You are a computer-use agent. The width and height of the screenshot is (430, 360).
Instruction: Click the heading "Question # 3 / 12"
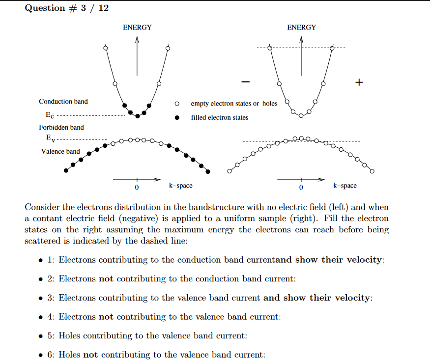67,8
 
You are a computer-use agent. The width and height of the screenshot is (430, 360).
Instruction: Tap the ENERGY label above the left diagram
137,28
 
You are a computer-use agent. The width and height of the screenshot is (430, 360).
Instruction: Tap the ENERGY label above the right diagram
301,28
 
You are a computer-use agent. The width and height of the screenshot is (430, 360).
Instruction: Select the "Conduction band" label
63,102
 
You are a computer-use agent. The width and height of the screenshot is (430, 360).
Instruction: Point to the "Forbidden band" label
61,128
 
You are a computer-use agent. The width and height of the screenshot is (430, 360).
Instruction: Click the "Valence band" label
60,151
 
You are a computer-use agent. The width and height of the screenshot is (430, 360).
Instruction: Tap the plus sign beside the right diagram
359,83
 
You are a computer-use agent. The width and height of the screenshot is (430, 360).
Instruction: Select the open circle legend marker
177,104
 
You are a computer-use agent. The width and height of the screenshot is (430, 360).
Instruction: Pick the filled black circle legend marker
177,118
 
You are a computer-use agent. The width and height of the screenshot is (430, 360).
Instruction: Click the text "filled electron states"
220,118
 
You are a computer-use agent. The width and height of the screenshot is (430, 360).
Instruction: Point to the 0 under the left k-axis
137,188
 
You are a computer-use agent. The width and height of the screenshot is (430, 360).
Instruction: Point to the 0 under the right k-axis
301,188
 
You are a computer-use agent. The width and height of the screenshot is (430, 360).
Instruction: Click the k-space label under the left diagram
180,186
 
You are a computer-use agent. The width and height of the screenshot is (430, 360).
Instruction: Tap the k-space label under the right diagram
345,186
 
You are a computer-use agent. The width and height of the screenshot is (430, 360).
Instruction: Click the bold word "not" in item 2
106,279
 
